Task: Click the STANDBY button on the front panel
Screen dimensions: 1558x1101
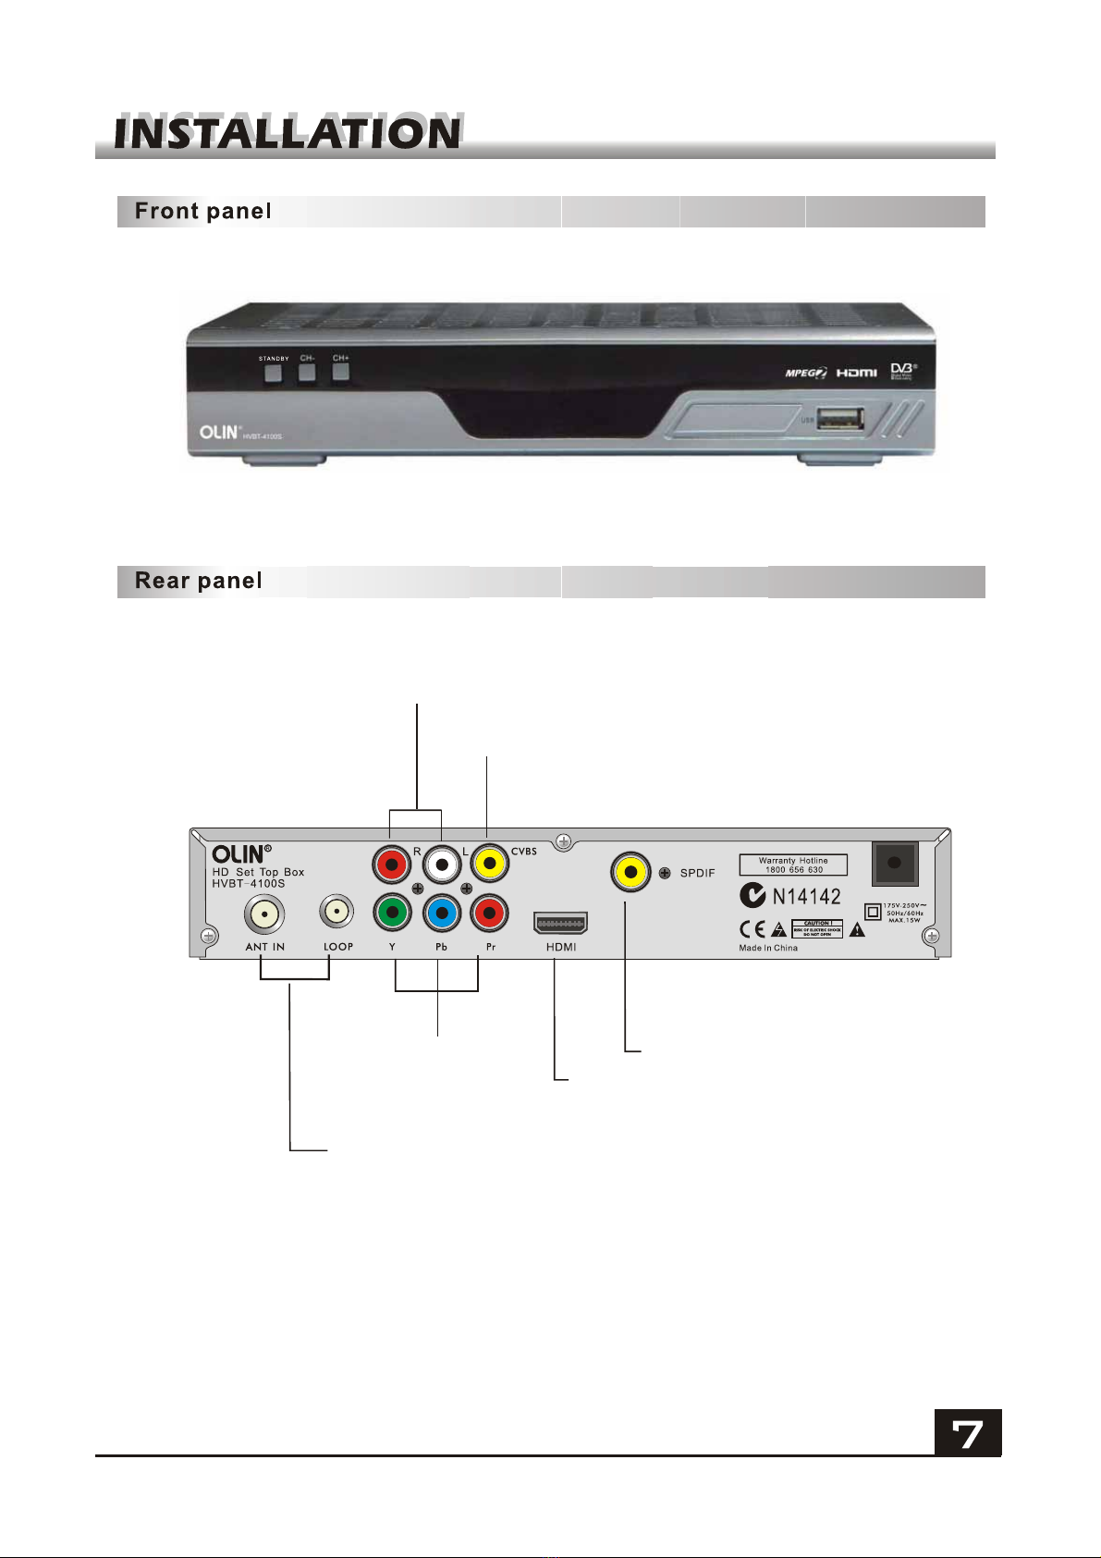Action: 273,374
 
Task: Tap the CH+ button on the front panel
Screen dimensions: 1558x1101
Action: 341,373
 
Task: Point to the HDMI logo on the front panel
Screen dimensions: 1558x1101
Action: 857,373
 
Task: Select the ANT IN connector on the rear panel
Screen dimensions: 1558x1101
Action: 264,915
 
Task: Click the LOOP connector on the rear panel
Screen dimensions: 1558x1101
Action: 337,913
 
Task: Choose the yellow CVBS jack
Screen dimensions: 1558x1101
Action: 490,865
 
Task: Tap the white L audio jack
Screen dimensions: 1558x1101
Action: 442,865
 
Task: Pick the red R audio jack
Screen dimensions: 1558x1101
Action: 392,865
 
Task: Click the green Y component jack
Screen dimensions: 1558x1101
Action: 393,914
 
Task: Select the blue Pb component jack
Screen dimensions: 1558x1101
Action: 442,914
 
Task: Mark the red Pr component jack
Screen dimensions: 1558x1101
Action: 490,914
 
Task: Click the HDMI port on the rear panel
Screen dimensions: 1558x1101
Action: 560,923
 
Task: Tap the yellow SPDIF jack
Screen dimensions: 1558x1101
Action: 630,872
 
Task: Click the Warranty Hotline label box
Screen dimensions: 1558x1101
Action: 793,865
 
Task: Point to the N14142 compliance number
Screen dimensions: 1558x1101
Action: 806,896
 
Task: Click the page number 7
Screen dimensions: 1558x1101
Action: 967,1433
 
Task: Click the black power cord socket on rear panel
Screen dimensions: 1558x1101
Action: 895,864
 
